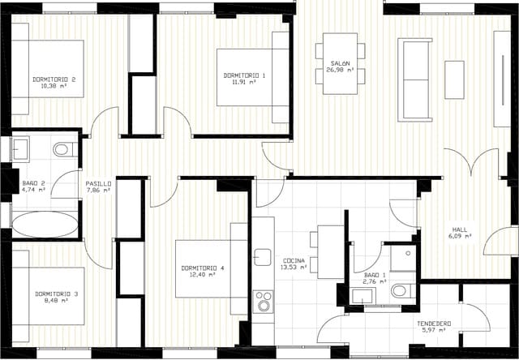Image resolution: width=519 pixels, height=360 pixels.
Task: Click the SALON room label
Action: [x=340, y=63]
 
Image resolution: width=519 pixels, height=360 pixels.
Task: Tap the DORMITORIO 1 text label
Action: [x=244, y=75]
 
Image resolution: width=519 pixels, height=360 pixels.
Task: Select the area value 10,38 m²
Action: [x=54, y=86]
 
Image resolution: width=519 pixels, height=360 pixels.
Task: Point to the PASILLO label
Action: [x=99, y=184]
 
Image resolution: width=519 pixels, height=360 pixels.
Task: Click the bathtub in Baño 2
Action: [x=45, y=224]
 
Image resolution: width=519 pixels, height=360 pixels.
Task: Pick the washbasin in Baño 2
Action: [x=19, y=149]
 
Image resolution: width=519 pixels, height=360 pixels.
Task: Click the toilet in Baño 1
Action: [x=401, y=290]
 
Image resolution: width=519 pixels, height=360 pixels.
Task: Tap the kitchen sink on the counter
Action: [x=262, y=257]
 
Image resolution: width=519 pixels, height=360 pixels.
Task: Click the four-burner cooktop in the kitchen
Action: [x=263, y=302]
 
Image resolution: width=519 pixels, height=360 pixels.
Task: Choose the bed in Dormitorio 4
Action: [x=208, y=268]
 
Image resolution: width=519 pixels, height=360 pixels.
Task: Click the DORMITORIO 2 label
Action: [x=54, y=79]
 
